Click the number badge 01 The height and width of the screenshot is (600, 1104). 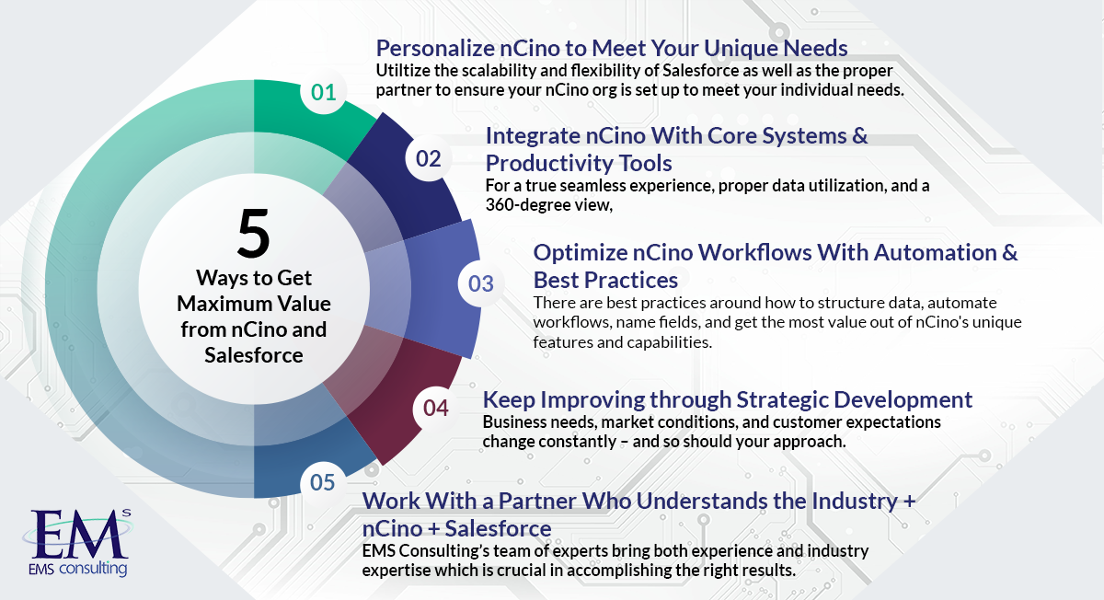coord(323,92)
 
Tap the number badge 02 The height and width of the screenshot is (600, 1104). coord(429,158)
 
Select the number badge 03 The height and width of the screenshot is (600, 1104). coord(481,283)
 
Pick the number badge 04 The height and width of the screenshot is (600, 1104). coord(436,408)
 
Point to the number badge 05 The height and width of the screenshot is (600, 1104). coord(323,482)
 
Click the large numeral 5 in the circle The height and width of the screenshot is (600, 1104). coord(253,233)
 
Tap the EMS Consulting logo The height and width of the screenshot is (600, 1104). coord(78,542)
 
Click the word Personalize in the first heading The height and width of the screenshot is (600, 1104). coord(435,49)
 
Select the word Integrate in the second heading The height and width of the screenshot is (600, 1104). coord(533,136)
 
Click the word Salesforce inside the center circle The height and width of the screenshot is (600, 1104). coord(254,355)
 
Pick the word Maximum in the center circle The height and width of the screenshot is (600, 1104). coord(223,304)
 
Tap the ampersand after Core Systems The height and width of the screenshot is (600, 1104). coord(859,135)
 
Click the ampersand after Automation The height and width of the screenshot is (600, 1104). coord(1009,252)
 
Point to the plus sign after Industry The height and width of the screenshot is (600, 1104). coord(909,502)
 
